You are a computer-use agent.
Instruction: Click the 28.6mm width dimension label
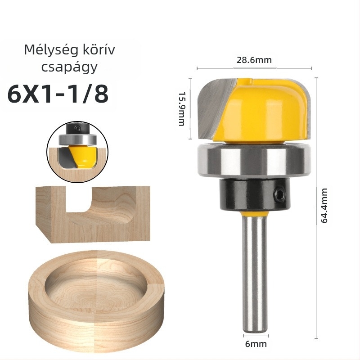click(x=254, y=60)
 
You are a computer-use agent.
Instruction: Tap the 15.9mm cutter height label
click(x=182, y=109)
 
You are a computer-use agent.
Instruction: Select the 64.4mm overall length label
click(x=324, y=206)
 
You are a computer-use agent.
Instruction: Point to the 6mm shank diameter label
click(x=256, y=344)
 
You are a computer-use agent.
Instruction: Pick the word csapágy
click(x=69, y=67)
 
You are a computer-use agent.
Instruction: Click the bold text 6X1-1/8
click(x=58, y=94)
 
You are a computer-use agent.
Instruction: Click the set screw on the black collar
click(x=279, y=193)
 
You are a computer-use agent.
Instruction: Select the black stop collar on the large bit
click(x=255, y=194)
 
